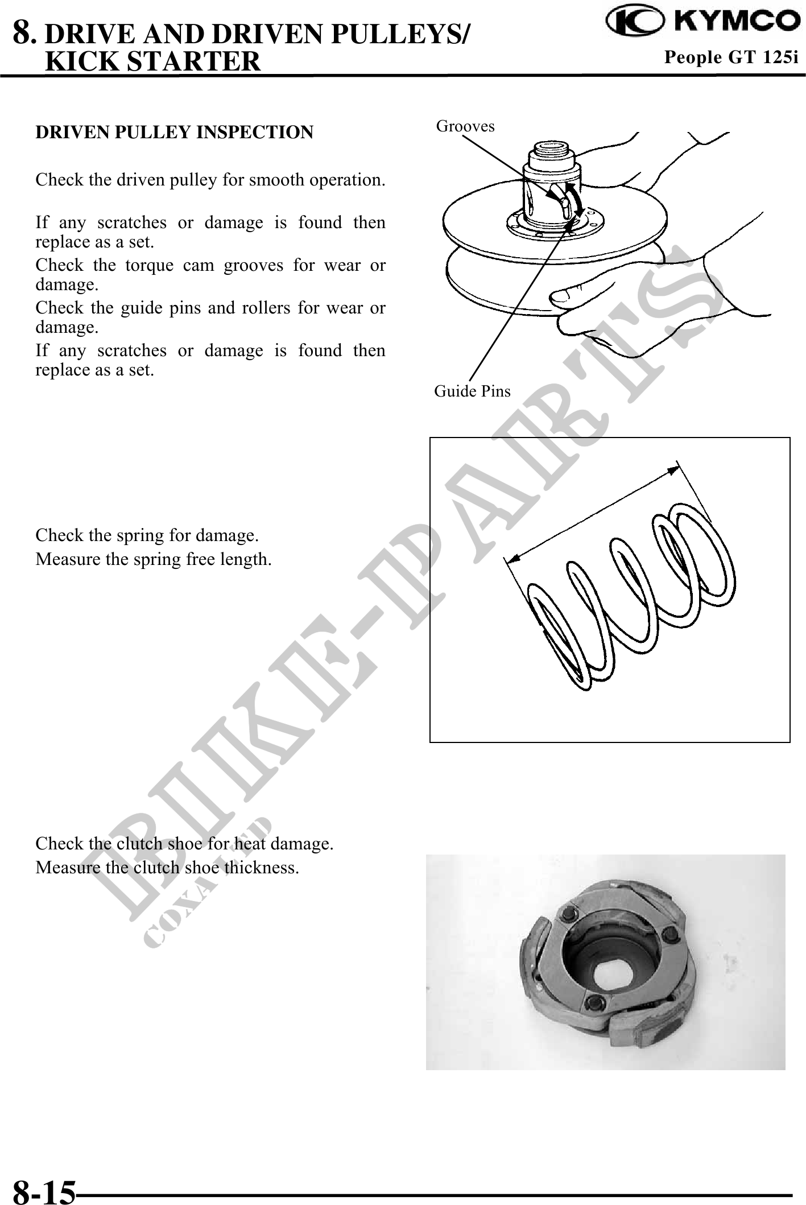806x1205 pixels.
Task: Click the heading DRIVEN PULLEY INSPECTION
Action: pyautogui.click(x=174, y=132)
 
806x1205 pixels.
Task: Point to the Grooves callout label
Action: pyautogui.click(x=465, y=126)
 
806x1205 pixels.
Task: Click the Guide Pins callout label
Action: pyautogui.click(x=472, y=391)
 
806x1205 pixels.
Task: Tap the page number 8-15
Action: pyautogui.click(x=44, y=1191)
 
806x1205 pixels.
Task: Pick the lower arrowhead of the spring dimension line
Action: pyautogui.click(x=513, y=559)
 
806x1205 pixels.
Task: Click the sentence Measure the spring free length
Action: pyautogui.click(x=154, y=560)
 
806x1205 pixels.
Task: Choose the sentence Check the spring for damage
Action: pyautogui.click(x=147, y=535)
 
